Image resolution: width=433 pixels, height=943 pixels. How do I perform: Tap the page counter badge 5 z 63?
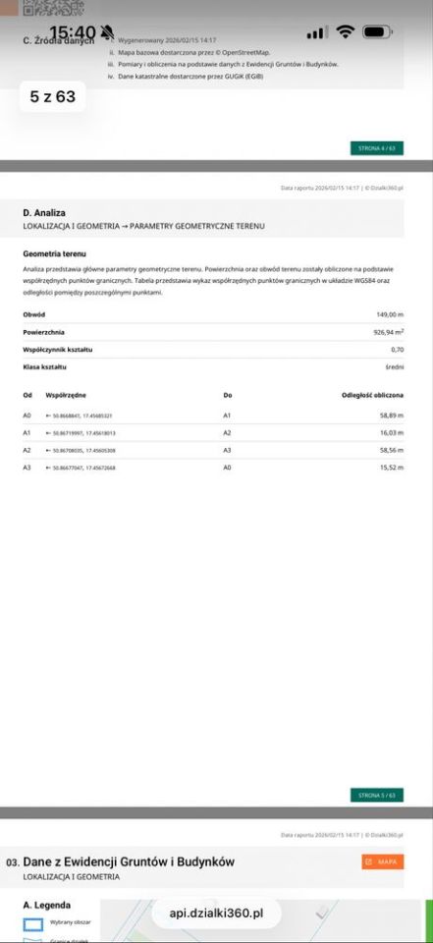tap(53, 97)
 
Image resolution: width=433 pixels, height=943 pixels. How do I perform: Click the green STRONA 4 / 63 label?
tap(377, 148)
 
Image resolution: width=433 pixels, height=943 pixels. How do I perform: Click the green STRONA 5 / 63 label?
tap(377, 795)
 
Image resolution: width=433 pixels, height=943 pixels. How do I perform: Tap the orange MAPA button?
tap(382, 861)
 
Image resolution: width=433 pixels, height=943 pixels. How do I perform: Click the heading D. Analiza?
tap(44, 212)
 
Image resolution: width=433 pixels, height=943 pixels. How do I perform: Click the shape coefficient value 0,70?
tap(397, 349)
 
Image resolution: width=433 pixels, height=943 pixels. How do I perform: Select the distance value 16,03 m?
tap(392, 432)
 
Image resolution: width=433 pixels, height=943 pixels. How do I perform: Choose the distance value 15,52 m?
tap(392, 468)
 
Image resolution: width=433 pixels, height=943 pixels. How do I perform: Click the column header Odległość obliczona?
tap(372, 395)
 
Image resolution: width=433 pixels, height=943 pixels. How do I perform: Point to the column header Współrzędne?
tap(66, 395)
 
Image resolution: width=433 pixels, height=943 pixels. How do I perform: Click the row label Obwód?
tap(33, 314)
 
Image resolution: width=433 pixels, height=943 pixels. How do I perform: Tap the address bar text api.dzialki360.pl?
tap(216, 913)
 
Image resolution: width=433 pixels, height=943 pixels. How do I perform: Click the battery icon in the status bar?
tap(377, 32)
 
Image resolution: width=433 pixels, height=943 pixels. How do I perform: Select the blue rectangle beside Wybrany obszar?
tap(33, 924)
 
